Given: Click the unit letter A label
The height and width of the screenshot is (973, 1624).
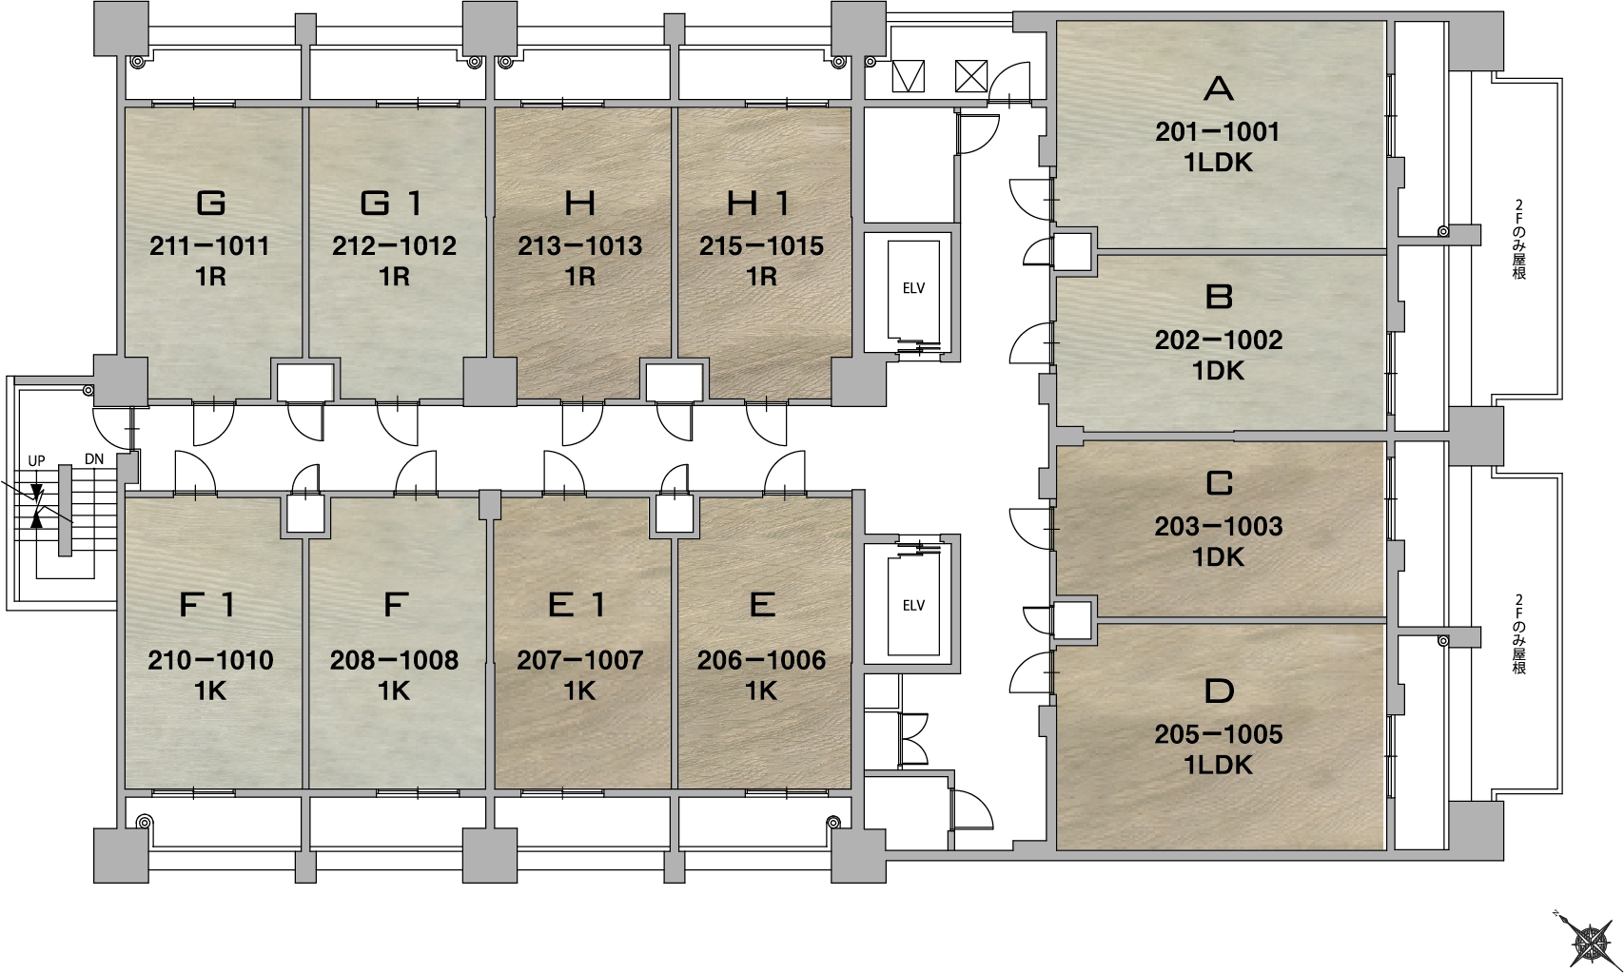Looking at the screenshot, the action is click(x=1219, y=88).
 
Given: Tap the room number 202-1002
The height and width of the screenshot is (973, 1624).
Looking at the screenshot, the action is click(x=1219, y=341).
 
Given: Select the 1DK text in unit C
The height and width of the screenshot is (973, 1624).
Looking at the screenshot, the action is click(x=1219, y=556).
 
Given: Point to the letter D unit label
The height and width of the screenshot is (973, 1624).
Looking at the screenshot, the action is click(x=1219, y=691).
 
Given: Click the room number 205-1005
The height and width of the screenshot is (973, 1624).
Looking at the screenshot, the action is click(x=1219, y=734).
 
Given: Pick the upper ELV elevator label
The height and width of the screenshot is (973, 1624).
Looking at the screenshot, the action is click(x=913, y=288).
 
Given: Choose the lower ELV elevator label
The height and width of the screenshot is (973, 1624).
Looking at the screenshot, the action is click(x=913, y=606).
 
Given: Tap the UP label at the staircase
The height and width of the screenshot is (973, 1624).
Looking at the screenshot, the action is click(x=36, y=460).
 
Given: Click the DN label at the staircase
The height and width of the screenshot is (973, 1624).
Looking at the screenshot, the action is click(x=94, y=459).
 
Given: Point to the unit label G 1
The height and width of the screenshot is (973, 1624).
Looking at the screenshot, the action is click(x=392, y=203).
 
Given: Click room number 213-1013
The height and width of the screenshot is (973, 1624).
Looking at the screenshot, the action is click(x=580, y=246).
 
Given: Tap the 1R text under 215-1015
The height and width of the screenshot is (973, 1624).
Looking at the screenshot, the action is click(x=761, y=276).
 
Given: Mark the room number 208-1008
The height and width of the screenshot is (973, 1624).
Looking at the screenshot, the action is click(x=395, y=660).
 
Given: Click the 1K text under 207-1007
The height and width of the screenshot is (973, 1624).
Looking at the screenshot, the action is click(x=580, y=691).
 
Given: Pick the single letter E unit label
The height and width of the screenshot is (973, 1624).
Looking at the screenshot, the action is click(x=762, y=605).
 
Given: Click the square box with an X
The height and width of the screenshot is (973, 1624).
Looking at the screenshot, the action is click(x=970, y=76).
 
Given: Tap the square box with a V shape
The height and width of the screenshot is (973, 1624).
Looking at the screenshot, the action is click(x=909, y=76).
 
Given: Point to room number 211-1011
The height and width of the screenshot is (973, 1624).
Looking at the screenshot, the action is click(x=209, y=246).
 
